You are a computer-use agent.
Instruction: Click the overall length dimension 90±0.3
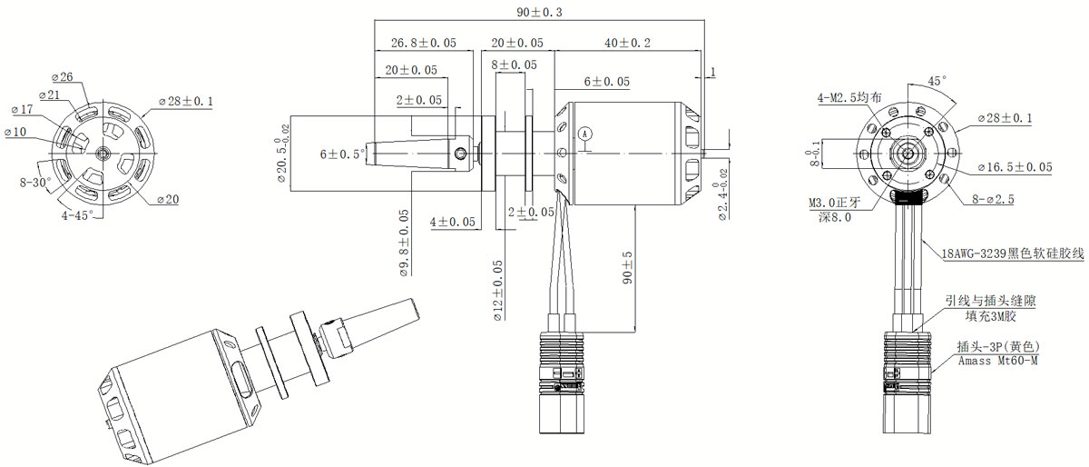coord(539,12)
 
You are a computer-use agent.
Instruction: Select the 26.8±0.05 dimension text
coord(424,43)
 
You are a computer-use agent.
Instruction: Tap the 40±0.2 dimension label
coord(627,43)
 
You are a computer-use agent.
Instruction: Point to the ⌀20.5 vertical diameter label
coord(283,154)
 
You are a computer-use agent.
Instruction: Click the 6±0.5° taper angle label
coord(342,154)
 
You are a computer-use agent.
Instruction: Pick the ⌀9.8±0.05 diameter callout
coord(405,243)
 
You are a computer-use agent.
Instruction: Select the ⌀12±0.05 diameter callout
coord(498,291)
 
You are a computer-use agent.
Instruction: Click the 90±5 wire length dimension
coord(627,268)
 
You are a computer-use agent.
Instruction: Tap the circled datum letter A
coord(585,134)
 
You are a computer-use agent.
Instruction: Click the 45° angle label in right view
coord(937,81)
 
